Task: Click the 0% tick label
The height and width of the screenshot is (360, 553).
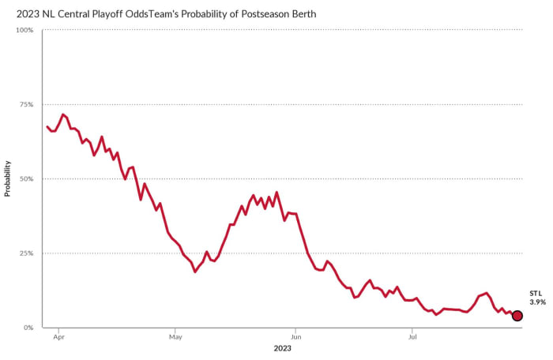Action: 28,328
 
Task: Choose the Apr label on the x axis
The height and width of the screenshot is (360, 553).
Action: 58,336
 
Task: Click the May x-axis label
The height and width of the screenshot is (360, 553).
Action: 175,336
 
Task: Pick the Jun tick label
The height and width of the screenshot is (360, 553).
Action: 295,336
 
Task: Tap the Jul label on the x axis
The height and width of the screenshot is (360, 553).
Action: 411,336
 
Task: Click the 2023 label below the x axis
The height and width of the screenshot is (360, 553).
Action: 283,348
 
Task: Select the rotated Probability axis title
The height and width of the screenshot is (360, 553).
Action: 8,178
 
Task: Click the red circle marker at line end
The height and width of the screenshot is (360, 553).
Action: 517,316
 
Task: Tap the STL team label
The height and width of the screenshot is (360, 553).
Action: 536,293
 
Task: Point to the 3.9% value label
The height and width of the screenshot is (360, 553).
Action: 537,302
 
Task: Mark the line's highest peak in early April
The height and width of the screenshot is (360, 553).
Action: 62,114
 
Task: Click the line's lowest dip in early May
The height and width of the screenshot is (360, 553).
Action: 195,272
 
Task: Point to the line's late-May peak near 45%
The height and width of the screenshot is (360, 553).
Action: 276,192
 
